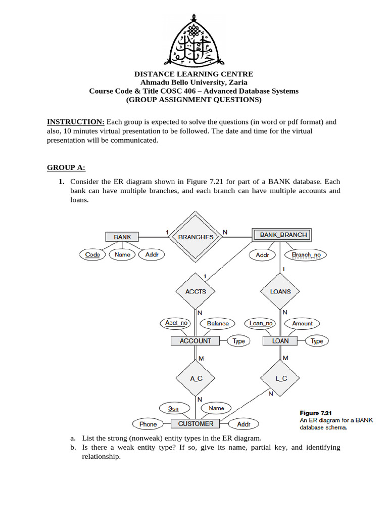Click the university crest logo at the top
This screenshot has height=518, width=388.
coord(194,39)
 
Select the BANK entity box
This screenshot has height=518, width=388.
coord(122,237)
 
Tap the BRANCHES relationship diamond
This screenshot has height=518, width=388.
coord(196,237)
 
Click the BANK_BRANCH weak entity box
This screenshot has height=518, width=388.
coord(279,235)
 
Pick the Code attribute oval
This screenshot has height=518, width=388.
coord(92,254)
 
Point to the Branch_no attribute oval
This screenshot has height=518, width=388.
coord(306,255)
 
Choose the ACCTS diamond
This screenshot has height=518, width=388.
coord(196,291)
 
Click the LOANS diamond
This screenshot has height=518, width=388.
coord(280,291)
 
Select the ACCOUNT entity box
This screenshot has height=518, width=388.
coord(195,341)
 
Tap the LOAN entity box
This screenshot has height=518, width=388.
coord(280,341)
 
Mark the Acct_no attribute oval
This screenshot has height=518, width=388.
coord(176,323)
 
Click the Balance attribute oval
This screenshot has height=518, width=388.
coord(218,323)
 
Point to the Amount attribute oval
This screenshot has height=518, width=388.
coord(302,323)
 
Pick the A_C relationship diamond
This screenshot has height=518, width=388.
coord(196,378)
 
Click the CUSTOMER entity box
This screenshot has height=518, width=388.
coord(196,424)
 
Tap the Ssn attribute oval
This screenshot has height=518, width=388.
coord(173,408)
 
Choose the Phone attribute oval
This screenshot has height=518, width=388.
coord(148,424)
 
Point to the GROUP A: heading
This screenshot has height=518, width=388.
coord(66,167)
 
